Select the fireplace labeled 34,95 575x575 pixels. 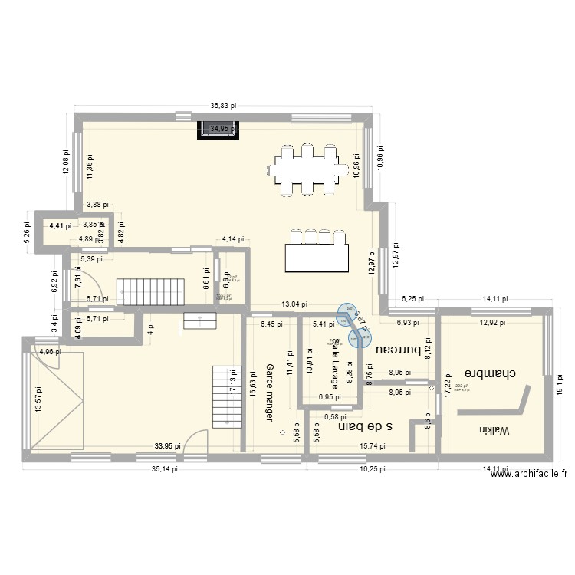(219, 130)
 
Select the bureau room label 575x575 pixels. (399, 350)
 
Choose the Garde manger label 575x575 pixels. (270, 392)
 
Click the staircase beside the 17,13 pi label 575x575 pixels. (222, 396)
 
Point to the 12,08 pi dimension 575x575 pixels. (66, 163)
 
